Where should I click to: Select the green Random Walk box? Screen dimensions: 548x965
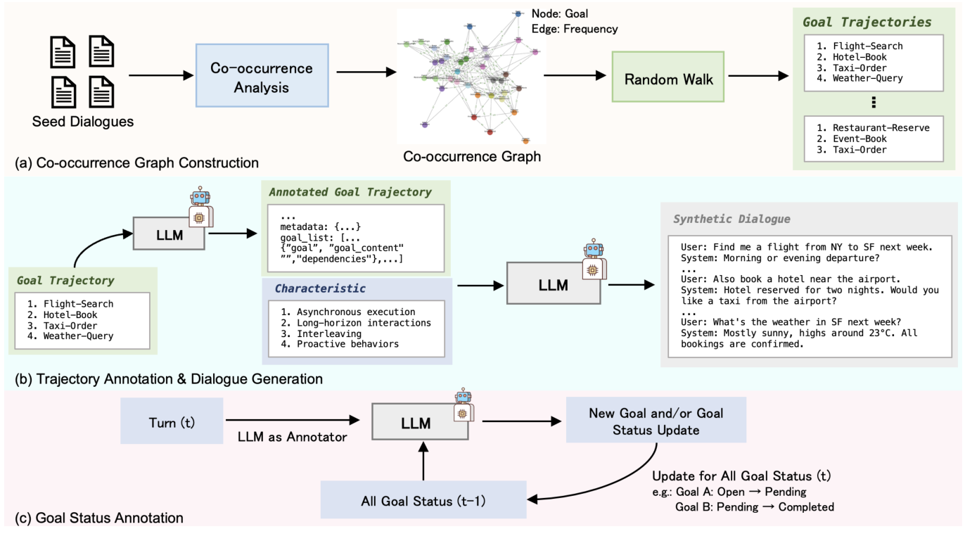[668, 79]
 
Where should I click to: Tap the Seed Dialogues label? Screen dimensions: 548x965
[83, 122]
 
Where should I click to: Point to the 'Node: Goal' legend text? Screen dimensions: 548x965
[560, 13]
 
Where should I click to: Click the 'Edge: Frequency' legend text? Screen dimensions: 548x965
[575, 29]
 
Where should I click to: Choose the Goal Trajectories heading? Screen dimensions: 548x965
[867, 22]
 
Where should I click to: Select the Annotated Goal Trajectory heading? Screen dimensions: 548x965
[350, 191]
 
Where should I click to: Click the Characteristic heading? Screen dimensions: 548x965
[320, 288]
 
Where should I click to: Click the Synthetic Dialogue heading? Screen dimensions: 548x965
[731, 219]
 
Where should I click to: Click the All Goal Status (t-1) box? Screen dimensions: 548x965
[423, 500]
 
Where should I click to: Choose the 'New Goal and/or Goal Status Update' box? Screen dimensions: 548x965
[656, 421]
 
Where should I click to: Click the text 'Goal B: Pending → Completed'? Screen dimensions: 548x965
[755, 506]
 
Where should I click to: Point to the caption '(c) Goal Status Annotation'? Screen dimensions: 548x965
[99, 518]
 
